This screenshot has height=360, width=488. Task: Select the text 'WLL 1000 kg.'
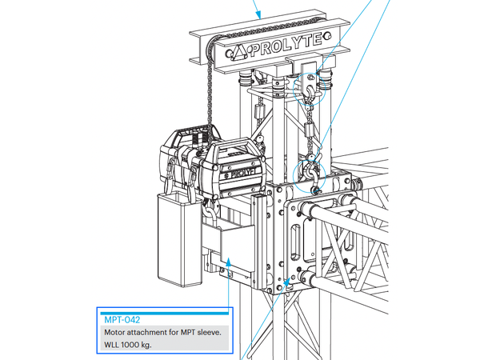pyautogui.click(x=128, y=345)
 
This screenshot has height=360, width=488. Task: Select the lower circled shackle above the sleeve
pyautogui.click(x=309, y=172)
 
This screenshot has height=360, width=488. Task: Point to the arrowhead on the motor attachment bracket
pyautogui.click(x=230, y=258)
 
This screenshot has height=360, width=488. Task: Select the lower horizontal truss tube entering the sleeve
pyautogui.click(x=352, y=282)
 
